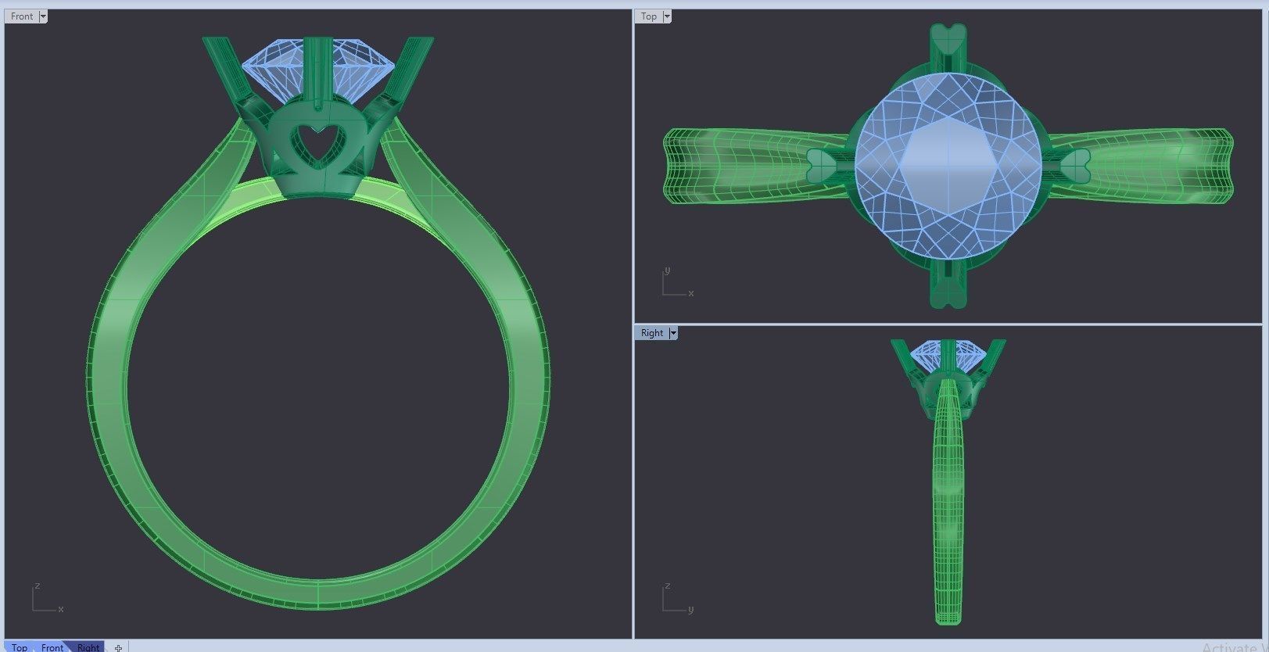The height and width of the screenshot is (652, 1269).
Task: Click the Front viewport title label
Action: [x=22, y=16]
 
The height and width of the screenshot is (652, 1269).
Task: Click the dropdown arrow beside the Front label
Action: [x=43, y=16]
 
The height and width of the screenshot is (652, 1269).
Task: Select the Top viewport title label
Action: [x=648, y=16]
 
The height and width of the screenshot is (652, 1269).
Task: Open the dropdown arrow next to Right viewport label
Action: [x=673, y=333]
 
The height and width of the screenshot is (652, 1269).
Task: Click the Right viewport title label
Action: [x=651, y=333]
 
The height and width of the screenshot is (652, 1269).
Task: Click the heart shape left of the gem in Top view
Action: [x=821, y=164]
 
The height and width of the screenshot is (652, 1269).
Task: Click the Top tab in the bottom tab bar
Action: [x=20, y=647]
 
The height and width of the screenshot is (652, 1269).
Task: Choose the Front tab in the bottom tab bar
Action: [x=52, y=647]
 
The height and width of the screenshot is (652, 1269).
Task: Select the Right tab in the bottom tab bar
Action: [x=88, y=647]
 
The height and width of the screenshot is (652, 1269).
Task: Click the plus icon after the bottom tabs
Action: [x=118, y=647]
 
